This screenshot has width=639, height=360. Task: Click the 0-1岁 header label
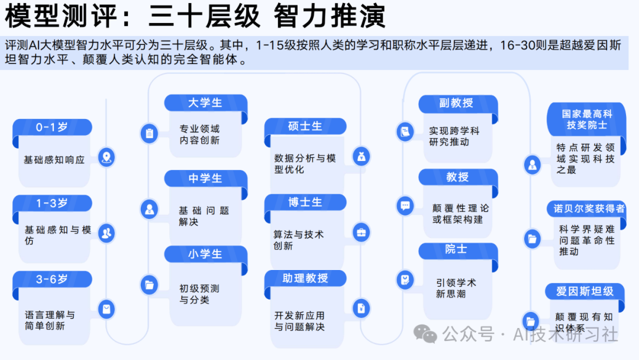[52, 127]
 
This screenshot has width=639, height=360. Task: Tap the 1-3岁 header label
[52, 203]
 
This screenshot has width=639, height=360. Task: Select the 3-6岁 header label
[52, 279]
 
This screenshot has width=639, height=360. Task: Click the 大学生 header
[205, 102]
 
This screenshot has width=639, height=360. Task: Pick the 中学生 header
[205, 178]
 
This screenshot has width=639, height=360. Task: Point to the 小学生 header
[205, 254]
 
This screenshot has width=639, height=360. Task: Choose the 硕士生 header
[305, 126]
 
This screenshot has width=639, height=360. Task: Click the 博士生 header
[305, 202]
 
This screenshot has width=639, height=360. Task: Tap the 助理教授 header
[305, 278]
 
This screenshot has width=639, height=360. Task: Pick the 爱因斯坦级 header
[585, 291]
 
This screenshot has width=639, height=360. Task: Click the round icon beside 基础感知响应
[106, 157]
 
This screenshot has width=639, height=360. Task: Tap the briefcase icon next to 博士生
[360, 232]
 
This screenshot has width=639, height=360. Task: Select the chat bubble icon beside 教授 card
[405, 205]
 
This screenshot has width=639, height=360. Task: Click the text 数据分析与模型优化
[305, 164]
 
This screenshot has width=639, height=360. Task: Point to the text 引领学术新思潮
[456, 288]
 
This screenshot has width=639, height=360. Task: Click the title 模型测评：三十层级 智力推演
[195, 17]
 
